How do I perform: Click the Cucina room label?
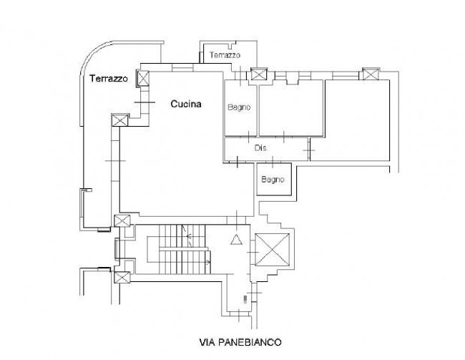click(186, 104)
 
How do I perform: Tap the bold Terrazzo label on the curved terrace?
click(109, 78)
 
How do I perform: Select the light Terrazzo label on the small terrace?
click(225, 55)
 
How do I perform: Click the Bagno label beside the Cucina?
click(239, 107)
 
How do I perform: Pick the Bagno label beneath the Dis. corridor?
click(273, 180)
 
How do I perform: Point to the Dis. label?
click(260, 147)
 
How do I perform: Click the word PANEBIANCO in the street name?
click(250, 342)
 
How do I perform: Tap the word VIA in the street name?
click(207, 342)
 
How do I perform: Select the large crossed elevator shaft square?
click(273, 250)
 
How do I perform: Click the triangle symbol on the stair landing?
click(236, 240)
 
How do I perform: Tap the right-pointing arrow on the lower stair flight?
click(208, 263)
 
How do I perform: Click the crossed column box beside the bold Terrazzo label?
click(143, 78)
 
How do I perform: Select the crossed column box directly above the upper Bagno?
click(259, 74)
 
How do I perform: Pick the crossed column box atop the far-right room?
click(371, 74)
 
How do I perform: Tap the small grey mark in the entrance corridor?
click(245, 299)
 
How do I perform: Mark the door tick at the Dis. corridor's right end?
click(309, 150)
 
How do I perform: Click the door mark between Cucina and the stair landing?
click(236, 220)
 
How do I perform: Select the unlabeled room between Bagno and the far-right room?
click(291, 108)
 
